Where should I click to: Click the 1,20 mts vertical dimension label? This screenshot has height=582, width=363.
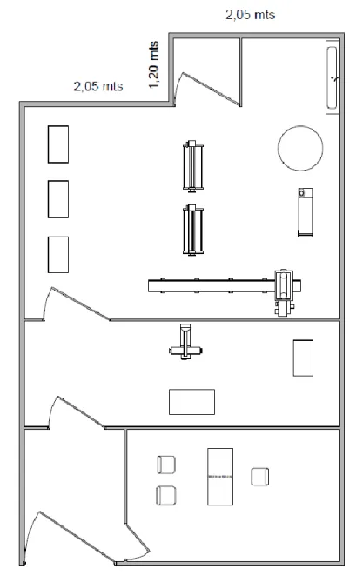154,65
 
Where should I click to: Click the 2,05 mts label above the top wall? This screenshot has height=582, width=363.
251,15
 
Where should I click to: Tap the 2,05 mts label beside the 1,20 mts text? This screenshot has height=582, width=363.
98,86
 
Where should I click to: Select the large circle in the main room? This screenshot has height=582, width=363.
300,148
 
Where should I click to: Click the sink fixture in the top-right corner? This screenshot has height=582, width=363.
333,77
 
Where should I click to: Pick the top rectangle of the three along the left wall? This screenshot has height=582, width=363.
58,144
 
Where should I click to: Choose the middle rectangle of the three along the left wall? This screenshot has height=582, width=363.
58,199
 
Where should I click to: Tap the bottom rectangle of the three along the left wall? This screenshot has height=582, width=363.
58,255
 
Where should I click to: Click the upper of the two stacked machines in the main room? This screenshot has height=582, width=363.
193,166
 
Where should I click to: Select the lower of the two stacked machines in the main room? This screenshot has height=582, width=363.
193,231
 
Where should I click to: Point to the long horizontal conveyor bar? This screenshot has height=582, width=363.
211,286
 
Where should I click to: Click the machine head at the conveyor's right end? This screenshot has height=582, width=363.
287,292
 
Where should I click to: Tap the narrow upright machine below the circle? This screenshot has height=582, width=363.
306,212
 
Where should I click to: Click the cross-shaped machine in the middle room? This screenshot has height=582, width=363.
185,342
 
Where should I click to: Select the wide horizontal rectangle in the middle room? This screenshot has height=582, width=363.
192,402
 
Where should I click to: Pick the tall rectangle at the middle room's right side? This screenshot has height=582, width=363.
303,358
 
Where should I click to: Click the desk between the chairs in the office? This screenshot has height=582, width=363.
220,477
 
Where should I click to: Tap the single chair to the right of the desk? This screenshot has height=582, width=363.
259,477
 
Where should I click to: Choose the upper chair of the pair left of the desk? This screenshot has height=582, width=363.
166,465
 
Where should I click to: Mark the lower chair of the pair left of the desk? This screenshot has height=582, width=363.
165,496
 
